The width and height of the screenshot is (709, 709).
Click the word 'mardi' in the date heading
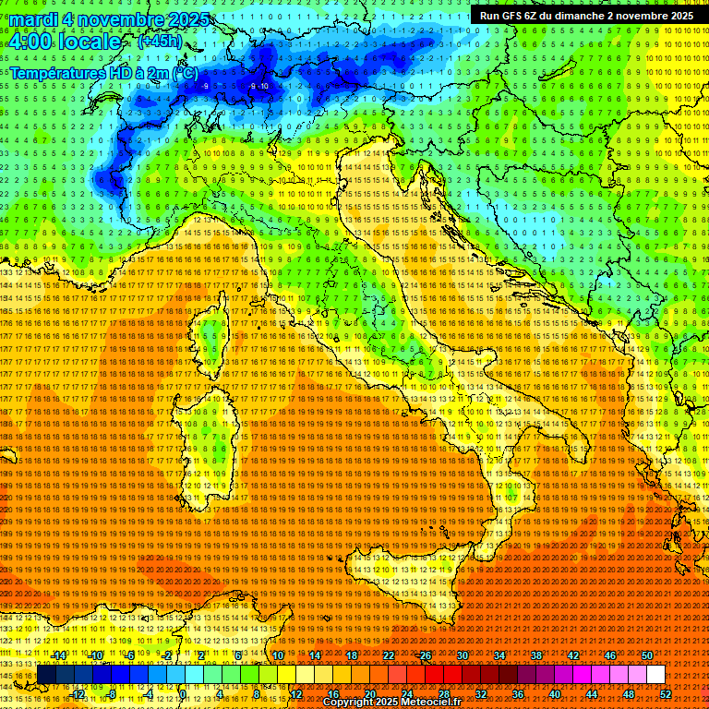tap(31, 19)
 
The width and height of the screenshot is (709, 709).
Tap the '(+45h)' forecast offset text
tap(160, 42)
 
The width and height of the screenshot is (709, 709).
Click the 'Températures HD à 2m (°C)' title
tap(102, 72)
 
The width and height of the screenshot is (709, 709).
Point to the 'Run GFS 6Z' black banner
tap(586, 16)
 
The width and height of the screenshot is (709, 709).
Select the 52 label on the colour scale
tap(666, 693)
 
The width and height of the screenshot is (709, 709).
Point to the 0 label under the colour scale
tap(183, 693)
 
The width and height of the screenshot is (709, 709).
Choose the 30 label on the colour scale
tap(463, 655)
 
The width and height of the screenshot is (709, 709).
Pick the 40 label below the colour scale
tap(554, 693)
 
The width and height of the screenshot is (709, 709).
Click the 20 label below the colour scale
tap(369, 693)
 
